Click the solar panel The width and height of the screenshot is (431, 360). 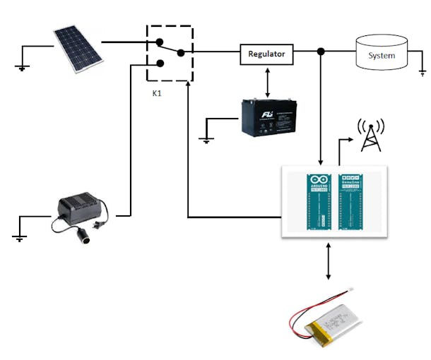click(77, 49)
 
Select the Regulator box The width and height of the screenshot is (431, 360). click(266, 54)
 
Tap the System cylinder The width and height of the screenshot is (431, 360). click(382, 54)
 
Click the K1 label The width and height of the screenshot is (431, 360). click(157, 92)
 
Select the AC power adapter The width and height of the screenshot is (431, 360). click(81, 213)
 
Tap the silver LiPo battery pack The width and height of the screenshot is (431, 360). click(329, 329)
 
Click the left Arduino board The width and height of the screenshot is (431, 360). click(315, 202)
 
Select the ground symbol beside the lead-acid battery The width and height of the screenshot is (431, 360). click(206, 140)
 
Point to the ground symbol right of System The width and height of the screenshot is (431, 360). click(422, 72)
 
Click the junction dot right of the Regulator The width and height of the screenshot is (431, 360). click(321, 52)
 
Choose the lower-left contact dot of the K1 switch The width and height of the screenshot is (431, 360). click(160, 63)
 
